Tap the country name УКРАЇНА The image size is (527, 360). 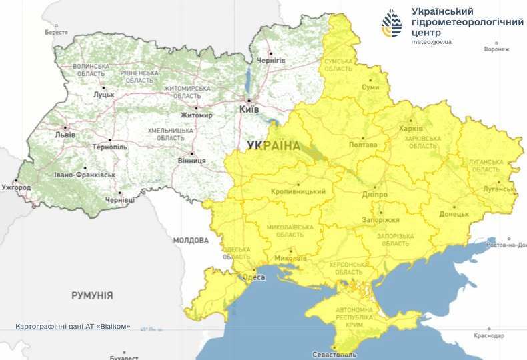click(273, 145)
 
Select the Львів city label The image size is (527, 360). click(65, 135)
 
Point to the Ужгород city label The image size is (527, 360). click(15, 188)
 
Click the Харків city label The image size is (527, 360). click(411, 128)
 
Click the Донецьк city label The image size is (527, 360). click(454, 215)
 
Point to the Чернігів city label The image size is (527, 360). click(272, 60)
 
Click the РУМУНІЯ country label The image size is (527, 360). click(92, 295)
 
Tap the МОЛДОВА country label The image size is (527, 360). click(191, 240)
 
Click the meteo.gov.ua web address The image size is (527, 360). click(432, 41)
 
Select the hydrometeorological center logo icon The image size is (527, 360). click(392, 23)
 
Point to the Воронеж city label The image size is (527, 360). click(496, 49)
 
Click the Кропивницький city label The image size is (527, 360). click(298, 192)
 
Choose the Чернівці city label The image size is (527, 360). click(119, 199)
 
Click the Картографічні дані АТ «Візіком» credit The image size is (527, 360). click(73, 327)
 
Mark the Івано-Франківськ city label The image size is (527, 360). click(85, 175)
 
